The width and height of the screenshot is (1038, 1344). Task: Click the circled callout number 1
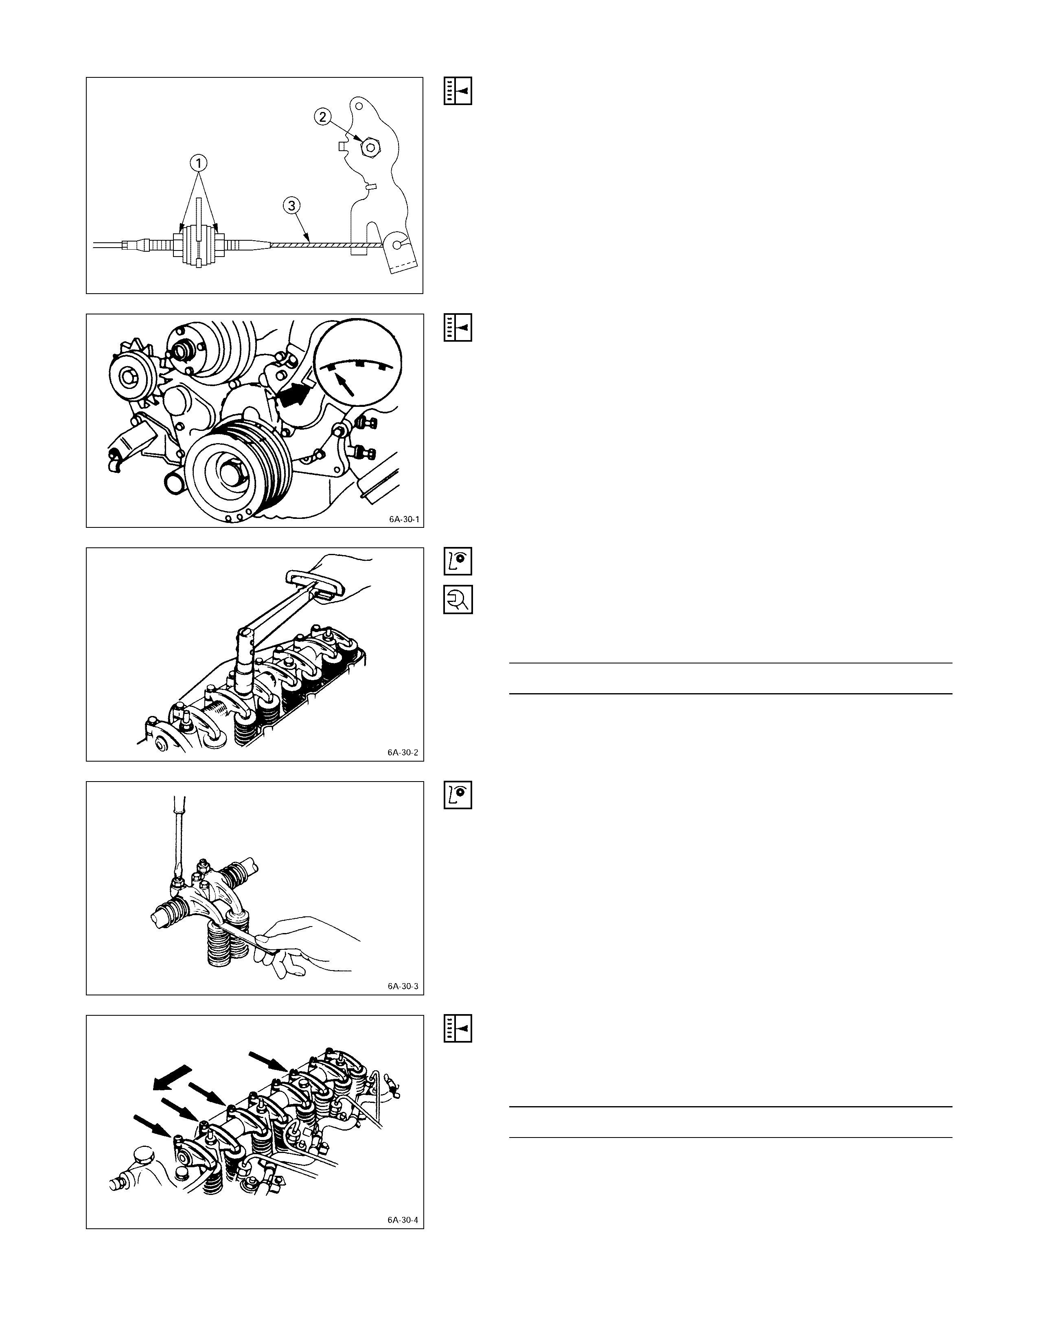[x=198, y=163]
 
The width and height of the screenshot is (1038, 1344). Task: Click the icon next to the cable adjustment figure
[x=458, y=91]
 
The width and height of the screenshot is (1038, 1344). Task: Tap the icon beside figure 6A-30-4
[x=458, y=1028]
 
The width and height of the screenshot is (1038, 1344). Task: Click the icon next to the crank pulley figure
[x=458, y=328]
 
